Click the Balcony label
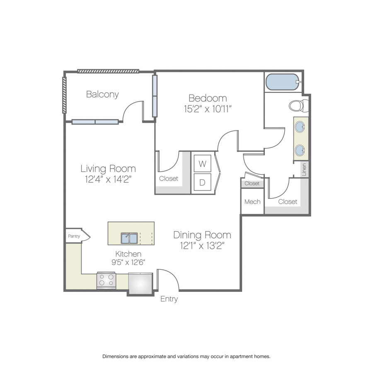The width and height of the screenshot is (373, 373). coord(102,94)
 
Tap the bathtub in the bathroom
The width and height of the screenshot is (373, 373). coord(283,82)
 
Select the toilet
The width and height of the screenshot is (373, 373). coord(298,106)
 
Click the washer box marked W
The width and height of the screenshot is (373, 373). coord(202,163)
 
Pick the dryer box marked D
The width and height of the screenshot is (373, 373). coord(202,182)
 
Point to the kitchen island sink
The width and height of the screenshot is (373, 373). coord(129,238)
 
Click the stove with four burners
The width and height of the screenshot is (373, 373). coord(107,280)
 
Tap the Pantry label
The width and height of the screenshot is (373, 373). coord(74,236)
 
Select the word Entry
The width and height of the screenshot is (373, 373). coord(169,299)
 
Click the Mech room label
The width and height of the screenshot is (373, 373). coord(252,202)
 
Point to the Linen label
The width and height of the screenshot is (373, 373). coord(304,170)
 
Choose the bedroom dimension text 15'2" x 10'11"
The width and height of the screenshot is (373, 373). coord(208,109)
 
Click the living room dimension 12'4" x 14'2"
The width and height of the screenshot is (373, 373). coord(108,179)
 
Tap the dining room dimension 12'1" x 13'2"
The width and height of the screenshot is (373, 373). coord(202,245)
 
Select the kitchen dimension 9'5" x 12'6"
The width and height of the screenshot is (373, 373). coord(128,262)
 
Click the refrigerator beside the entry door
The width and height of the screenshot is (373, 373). coord(140,283)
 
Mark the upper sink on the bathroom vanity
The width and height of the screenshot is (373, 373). coord(300,126)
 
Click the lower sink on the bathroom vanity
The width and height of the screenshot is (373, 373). coord(300,150)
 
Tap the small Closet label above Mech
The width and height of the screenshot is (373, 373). coord(252,184)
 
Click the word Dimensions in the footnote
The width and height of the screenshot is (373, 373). coord(115,356)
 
